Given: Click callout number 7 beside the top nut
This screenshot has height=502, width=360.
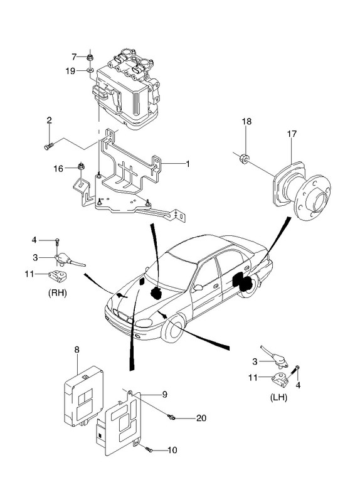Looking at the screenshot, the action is pyautogui.click(x=74, y=57).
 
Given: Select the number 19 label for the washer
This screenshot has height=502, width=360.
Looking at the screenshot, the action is pyautogui.click(x=70, y=71).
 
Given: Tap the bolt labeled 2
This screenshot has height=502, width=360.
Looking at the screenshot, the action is pyautogui.click(x=48, y=147).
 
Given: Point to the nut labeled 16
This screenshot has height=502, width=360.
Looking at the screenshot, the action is pyautogui.click(x=81, y=166).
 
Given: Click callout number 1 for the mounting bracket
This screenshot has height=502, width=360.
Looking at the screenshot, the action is pyautogui.click(x=188, y=164).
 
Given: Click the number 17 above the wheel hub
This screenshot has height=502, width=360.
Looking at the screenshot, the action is pyautogui.click(x=292, y=134).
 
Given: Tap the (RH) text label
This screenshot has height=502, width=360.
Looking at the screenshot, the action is pyautogui.click(x=57, y=293).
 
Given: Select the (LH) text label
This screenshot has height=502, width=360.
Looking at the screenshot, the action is pyautogui.click(x=278, y=398).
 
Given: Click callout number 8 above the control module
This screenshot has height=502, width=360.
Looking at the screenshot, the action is pyautogui.click(x=77, y=350).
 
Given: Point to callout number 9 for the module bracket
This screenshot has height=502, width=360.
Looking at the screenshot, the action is pyautogui.click(x=164, y=395).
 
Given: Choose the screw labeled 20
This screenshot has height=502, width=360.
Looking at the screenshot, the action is pyautogui.click(x=171, y=417).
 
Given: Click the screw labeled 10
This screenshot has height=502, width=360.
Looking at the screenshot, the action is pyautogui.click(x=149, y=449).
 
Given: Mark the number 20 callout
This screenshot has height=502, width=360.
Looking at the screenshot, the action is pyautogui.click(x=201, y=418).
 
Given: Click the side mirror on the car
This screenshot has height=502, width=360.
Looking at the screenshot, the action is pyautogui.click(x=198, y=287).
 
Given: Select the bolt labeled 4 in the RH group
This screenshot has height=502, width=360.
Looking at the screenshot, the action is pyautogui.click(x=57, y=242).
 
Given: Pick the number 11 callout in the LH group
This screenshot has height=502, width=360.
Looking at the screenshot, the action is pyautogui.click(x=253, y=378).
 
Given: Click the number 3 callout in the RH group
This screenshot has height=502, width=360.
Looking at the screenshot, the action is pyautogui.click(x=35, y=257).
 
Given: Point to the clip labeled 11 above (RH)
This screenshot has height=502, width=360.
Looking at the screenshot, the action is pyautogui.click(x=58, y=275).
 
